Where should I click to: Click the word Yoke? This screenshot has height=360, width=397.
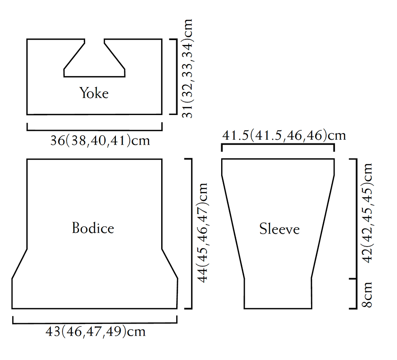coord(94,93)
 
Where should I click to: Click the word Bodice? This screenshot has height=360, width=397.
coord(93,228)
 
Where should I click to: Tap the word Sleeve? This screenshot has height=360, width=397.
coord(279,229)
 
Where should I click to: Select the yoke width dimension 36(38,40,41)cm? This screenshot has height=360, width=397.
coord(100,141)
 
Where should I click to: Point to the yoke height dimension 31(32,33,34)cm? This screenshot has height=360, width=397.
coord(187,68)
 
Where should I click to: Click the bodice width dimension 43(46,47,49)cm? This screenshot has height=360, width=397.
coord(96,331)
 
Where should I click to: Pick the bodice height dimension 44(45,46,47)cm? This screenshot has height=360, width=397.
coord(203,233)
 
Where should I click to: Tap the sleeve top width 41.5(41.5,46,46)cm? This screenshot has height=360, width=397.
coord(284,135)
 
